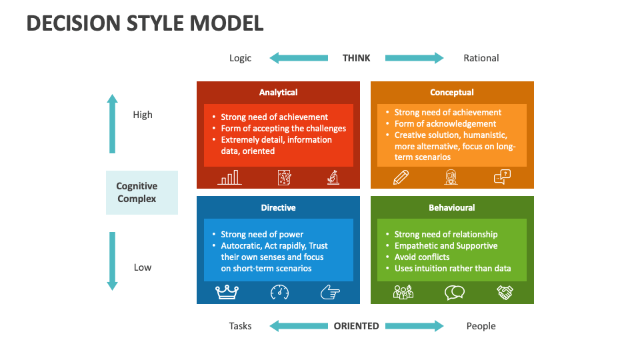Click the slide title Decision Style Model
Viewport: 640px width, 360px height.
pos(145,23)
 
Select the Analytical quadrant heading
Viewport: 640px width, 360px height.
pos(278,93)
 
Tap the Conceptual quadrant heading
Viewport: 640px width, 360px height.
pos(452,93)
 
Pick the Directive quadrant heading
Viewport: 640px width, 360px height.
pos(278,207)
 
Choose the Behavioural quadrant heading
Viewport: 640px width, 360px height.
pos(452,207)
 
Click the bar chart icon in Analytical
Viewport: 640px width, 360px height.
pos(229,177)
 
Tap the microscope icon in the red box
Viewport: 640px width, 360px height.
pos(333,177)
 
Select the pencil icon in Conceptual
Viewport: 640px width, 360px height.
pos(401,177)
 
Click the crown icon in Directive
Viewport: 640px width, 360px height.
pos(227,291)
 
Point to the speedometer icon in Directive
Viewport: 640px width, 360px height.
pos(279,292)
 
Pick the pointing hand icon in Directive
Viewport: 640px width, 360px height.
pos(329,292)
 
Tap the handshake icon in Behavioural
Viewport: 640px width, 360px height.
pos(505,292)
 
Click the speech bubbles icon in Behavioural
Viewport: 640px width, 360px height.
pos(455,292)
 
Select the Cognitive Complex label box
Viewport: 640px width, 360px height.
pos(142,193)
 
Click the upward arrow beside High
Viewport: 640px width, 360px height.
pos(112,123)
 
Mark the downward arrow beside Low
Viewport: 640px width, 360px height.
pos(112,261)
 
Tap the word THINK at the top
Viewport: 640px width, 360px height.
pos(356,58)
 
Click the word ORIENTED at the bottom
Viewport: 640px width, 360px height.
pos(356,326)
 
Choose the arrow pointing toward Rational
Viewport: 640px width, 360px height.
pos(414,58)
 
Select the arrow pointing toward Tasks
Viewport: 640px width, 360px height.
pos(299,326)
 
